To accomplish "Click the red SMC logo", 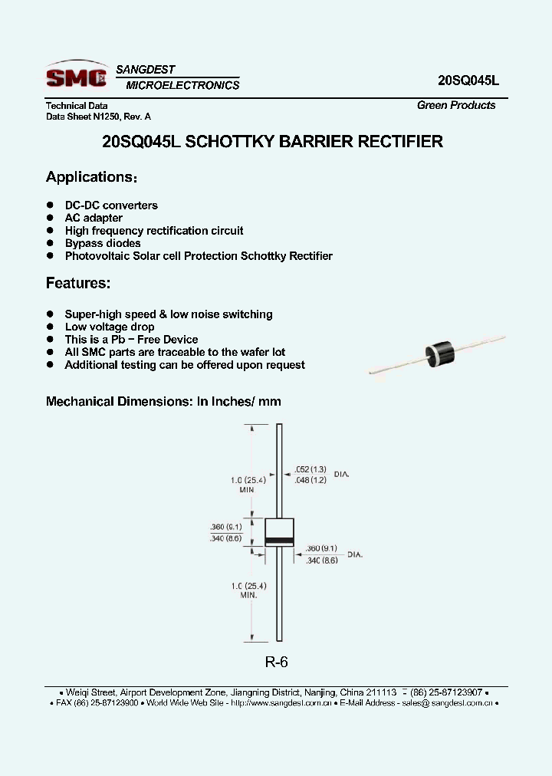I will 76,76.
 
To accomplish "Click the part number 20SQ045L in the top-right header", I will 468,80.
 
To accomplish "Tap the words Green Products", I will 456,105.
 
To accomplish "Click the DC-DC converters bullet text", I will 111,206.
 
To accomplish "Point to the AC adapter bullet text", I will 94,218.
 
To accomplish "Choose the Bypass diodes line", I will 103,243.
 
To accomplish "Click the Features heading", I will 78,283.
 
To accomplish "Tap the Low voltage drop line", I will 110,327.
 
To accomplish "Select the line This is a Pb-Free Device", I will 131,340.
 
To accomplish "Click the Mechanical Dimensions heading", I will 163,401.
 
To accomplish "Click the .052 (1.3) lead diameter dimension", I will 310,469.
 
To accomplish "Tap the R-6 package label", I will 276,662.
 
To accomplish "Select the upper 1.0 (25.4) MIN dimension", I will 247,483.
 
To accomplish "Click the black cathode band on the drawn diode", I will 279,542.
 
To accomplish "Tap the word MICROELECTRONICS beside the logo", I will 182,85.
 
